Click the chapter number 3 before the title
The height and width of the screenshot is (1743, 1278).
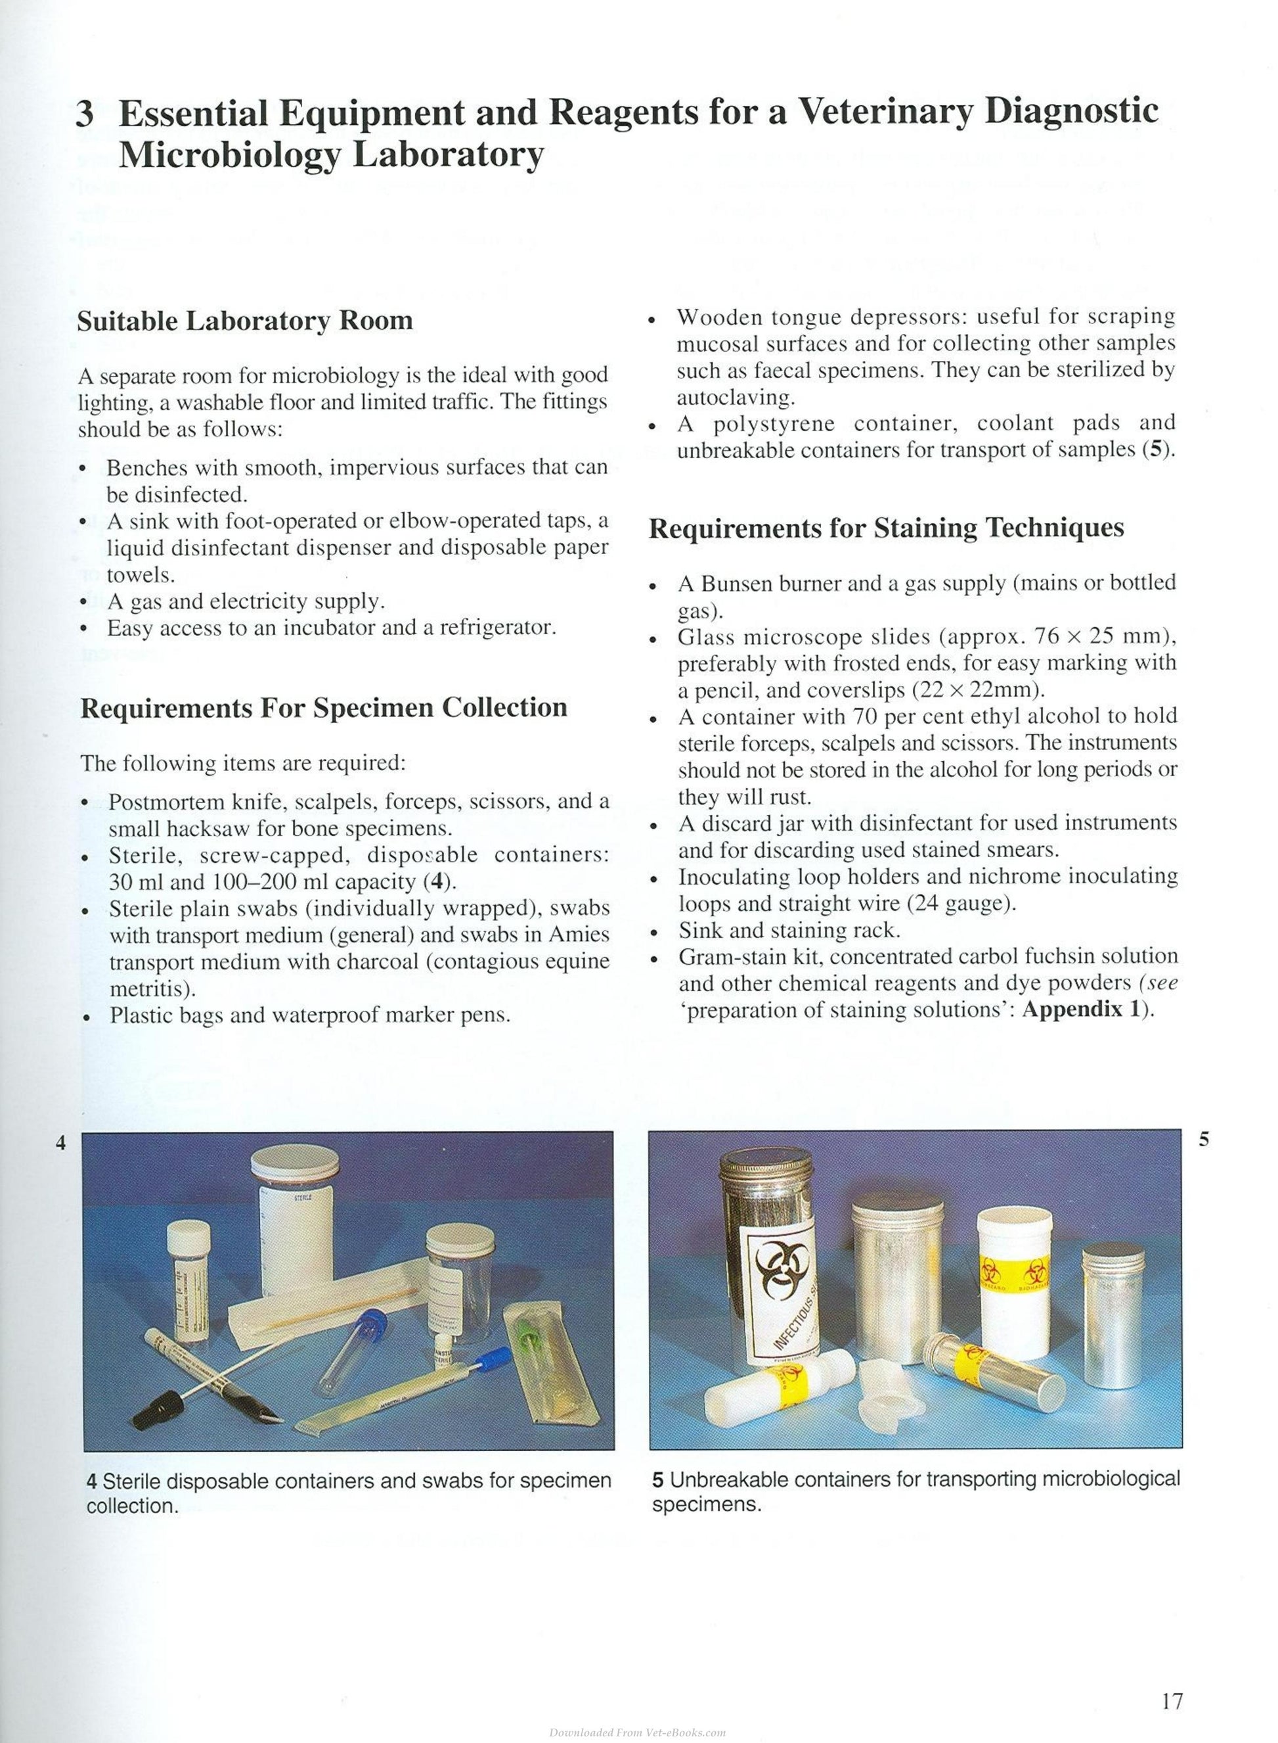85,114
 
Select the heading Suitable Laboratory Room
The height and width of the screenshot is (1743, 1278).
245,321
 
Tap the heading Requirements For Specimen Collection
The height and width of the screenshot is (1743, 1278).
323,707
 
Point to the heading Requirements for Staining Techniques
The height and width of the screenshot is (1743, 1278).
887,528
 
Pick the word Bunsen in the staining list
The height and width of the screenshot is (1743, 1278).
736,583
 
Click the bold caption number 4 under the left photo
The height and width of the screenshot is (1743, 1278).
91,1481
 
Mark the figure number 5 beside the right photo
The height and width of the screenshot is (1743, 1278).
1204,1139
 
